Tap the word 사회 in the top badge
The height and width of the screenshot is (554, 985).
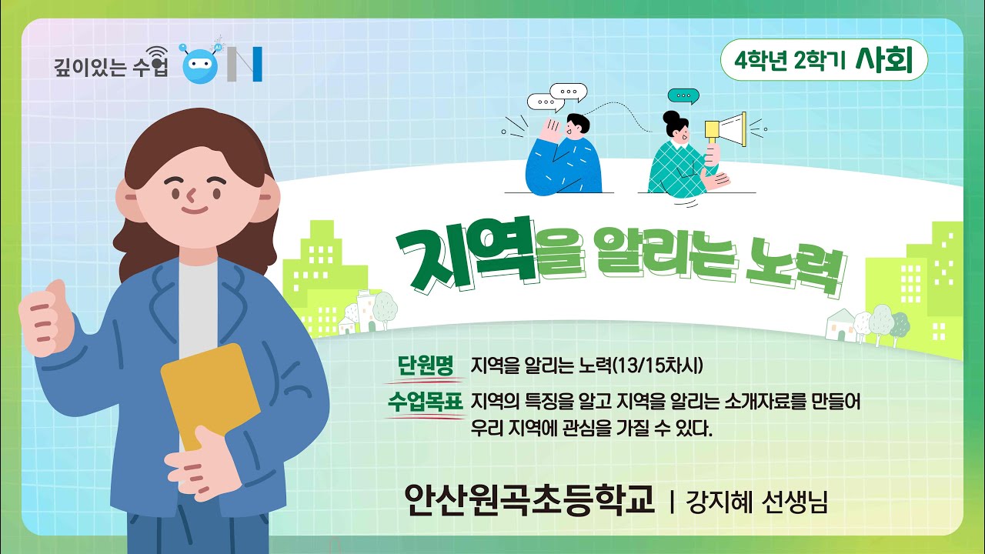(883, 61)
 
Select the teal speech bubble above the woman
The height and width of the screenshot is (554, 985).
(683, 96)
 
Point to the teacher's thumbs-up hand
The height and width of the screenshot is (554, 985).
(48, 320)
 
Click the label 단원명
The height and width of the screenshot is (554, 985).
(426, 365)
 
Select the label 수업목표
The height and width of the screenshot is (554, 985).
(426, 401)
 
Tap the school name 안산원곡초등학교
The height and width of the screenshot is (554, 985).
(529, 500)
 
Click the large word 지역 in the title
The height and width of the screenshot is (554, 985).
(468, 252)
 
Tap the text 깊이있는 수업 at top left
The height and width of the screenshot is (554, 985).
(111, 68)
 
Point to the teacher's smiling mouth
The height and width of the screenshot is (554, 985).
(194, 209)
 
